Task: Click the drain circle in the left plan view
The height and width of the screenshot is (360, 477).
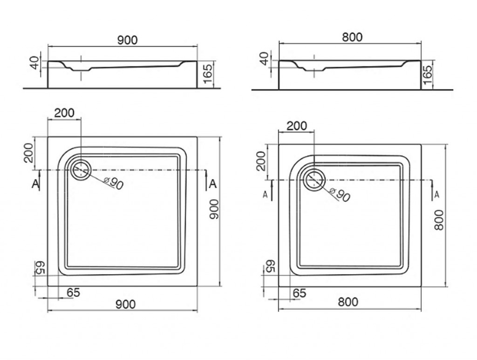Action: click(x=81, y=162)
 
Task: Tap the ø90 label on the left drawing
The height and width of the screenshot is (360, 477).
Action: click(x=114, y=183)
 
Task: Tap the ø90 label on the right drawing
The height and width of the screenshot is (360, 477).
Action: click(x=340, y=195)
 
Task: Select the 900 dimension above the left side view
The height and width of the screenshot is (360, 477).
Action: click(x=128, y=40)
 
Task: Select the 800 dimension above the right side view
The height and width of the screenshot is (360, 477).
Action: click(x=352, y=37)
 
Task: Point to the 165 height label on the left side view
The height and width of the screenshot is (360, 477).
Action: click(x=208, y=74)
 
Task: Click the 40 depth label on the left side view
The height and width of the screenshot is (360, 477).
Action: click(x=35, y=62)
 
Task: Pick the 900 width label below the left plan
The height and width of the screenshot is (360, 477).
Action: click(x=126, y=304)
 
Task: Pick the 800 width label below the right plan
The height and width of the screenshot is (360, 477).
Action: click(x=348, y=302)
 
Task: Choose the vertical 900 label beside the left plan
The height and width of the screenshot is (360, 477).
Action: click(x=214, y=209)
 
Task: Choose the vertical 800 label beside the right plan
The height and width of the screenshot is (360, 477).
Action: click(x=439, y=220)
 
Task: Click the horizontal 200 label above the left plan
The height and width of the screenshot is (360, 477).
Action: click(x=64, y=113)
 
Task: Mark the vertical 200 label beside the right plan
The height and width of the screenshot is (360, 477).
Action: click(x=261, y=161)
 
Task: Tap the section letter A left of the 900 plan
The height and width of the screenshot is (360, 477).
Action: click(x=35, y=183)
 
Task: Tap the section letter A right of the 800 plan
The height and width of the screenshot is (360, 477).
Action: click(x=437, y=194)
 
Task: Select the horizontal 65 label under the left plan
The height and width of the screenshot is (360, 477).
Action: click(x=73, y=292)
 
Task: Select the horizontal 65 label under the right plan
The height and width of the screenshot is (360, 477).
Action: click(x=300, y=293)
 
